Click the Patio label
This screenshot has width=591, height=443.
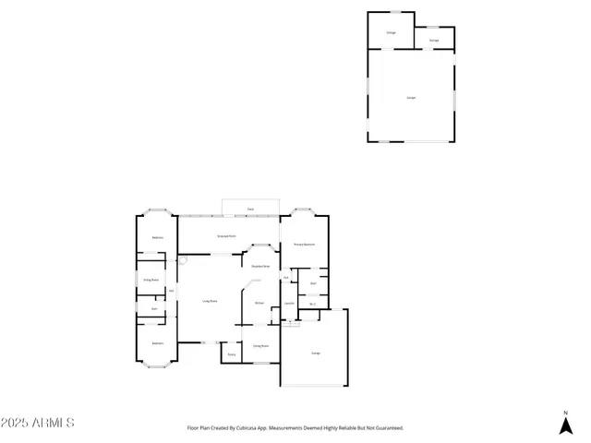[250, 210]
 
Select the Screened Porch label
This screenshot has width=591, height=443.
[225, 237]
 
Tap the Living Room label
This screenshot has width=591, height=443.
[210, 301]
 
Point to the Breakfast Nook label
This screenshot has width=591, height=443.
[260, 266]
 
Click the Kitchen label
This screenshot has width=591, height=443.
[259, 303]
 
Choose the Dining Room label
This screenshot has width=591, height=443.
[260, 346]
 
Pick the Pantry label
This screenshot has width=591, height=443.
[231, 353]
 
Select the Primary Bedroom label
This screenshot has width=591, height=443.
[305, 244]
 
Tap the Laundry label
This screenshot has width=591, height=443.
[289, 304]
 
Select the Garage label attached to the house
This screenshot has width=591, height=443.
[316, 353]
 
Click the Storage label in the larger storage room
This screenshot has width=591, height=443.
[390, 32]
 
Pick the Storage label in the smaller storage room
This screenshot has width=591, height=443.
[434, 40]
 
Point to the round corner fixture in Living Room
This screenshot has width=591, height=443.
[183, 260]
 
